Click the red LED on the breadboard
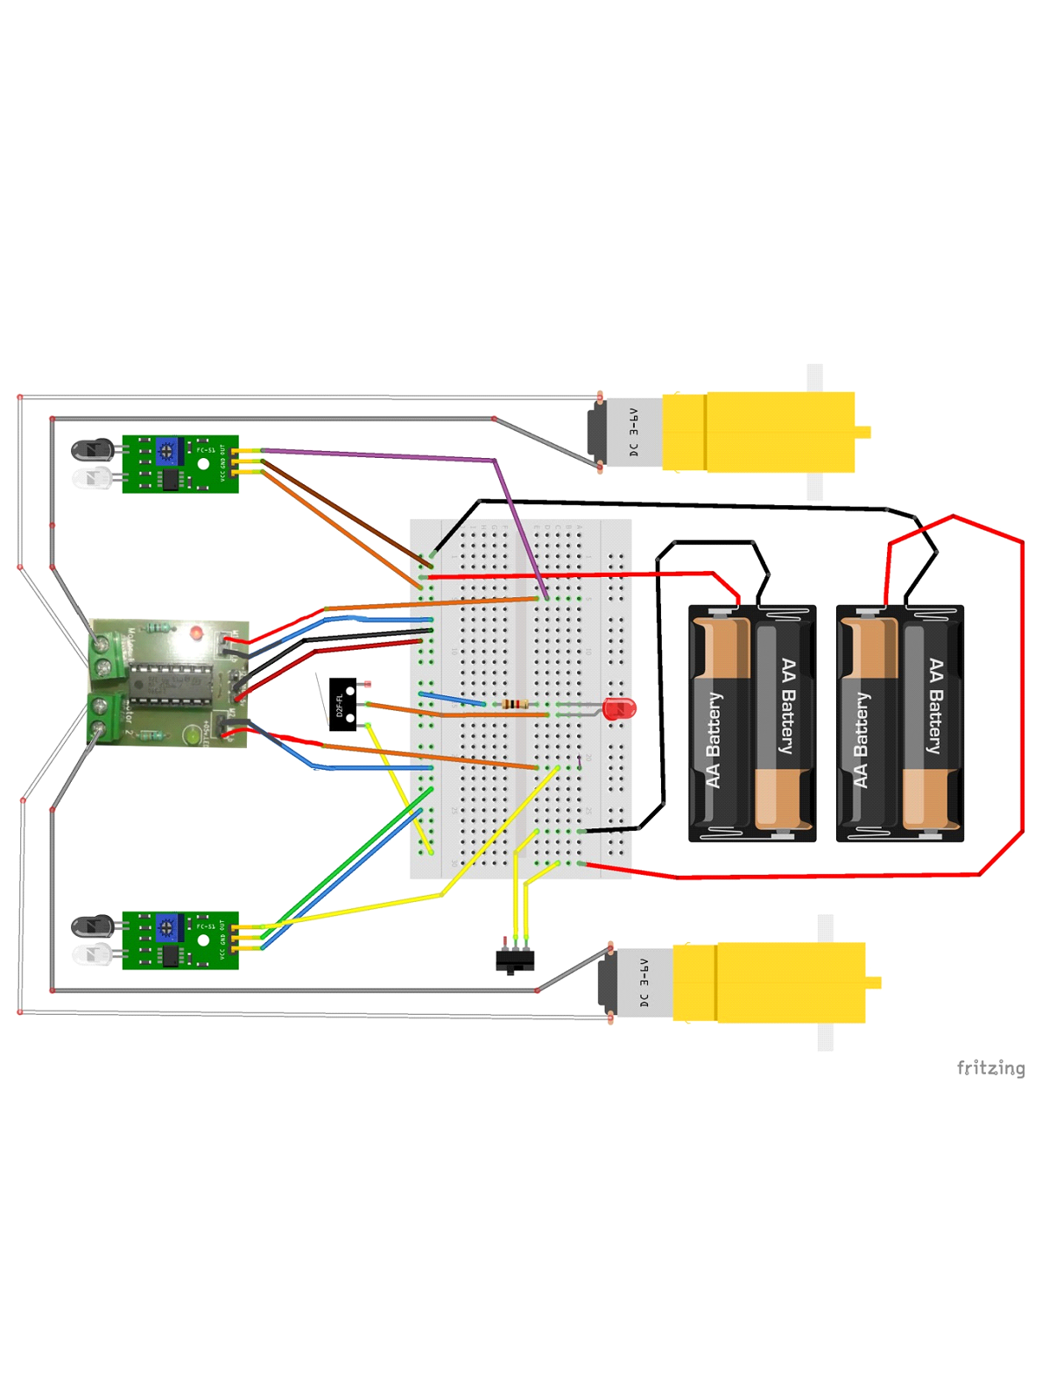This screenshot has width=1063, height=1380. click(619, 708)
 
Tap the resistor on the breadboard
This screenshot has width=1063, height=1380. click(514, 704)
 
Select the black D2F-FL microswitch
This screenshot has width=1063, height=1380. click(342, 704)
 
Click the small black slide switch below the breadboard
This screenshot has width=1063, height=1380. click(515, 961)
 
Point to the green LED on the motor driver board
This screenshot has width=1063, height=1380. click(191, 736)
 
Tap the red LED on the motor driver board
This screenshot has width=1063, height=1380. click(196, 632)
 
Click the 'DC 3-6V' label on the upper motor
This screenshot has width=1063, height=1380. click(634, 433)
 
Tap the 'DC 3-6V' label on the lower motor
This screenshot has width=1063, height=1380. click(644, 982)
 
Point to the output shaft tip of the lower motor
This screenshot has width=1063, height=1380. click(874, 982)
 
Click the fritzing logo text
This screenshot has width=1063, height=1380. click(990, 1067)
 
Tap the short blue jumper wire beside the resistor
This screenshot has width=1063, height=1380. click(453, 699)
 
